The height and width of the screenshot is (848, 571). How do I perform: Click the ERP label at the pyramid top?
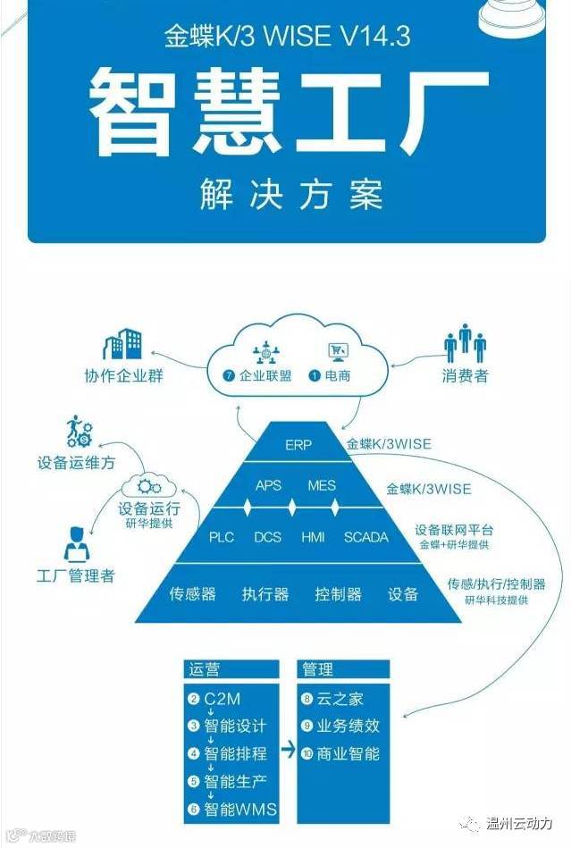(298, 444)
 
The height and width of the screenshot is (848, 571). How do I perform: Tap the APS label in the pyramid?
(268, 485)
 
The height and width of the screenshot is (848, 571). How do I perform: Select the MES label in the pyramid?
(322, 485)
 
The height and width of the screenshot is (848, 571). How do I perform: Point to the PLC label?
(222, 537)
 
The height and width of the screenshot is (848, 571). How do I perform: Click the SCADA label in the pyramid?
(366, 537)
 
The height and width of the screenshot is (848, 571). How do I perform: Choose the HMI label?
(313, 537)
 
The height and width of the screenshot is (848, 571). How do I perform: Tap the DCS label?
(268, 537)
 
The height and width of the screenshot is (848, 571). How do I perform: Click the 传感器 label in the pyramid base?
(192, 593)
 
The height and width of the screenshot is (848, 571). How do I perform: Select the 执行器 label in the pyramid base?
(265, 593)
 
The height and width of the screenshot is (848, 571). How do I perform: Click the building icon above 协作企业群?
(123, 345)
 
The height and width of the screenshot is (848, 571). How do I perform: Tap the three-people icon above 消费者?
(465, 343)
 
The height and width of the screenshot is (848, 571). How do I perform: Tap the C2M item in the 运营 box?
(222, 699)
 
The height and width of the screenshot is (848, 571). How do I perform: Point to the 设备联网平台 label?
(454, 529)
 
